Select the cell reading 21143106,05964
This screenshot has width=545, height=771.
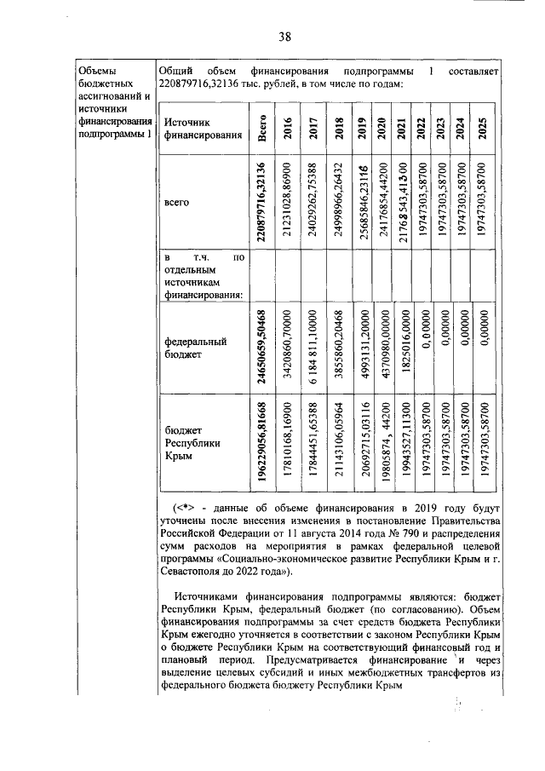(x=339, y=445)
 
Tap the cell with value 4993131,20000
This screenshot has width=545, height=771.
(x=362, y=348)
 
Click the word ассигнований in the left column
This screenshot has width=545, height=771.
(x=109, y=96)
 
